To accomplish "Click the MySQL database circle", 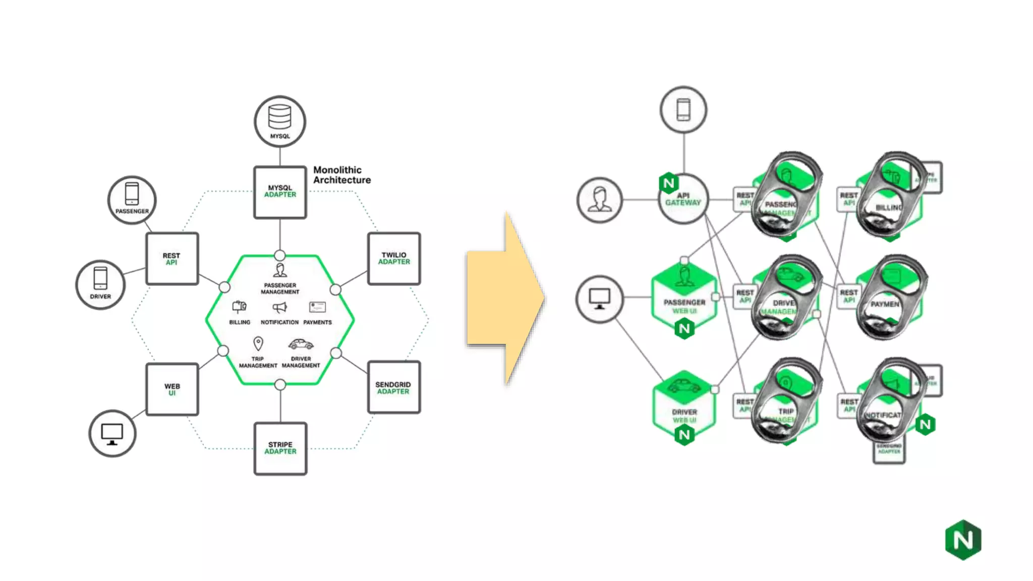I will point(280,122).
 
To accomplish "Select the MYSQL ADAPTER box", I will point(280,192).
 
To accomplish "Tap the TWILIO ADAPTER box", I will point(394,259).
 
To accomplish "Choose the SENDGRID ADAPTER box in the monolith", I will point(393,388).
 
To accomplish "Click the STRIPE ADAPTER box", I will point(280,448).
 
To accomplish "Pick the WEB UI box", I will point(172,389).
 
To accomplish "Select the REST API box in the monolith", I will point(172,259).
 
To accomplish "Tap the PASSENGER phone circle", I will point(132,200).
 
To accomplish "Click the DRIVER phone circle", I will point(100,285).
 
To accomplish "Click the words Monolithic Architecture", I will point(341,175).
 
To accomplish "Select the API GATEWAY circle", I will point(683,199).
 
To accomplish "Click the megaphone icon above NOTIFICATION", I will point(279,307).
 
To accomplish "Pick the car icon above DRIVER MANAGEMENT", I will point(301,344).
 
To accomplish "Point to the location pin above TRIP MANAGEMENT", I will point(258,344).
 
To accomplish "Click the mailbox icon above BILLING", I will point(239,307).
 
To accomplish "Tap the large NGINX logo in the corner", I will point(963,540).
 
